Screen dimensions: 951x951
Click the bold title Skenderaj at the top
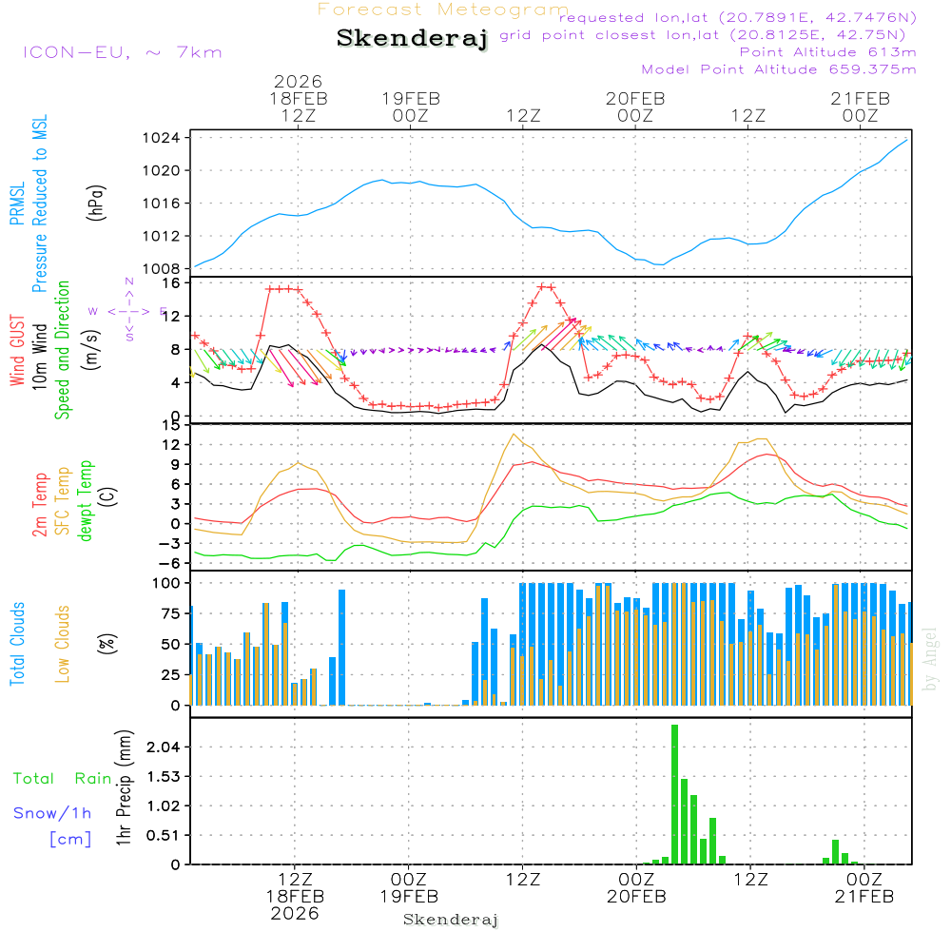[412, 38]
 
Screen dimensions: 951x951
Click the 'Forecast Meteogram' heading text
[443, 10]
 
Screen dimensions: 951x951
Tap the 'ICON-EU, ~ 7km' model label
[122, 52]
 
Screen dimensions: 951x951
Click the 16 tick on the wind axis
[171, 282]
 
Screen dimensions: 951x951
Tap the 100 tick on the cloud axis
[167, 583]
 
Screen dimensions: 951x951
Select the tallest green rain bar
[674, 794]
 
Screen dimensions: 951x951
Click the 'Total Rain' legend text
[62, 778]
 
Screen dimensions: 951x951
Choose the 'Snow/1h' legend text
[52, 813]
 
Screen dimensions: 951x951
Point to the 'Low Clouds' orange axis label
[64, 643]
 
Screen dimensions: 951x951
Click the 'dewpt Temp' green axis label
[86, 501]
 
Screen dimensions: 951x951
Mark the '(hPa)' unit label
[96, 203]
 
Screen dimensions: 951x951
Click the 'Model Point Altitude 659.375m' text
[779, 69]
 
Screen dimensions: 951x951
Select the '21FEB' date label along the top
[861, 98]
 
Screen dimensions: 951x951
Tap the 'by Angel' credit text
[930, 658]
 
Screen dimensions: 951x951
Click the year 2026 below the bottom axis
[295, 913]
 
